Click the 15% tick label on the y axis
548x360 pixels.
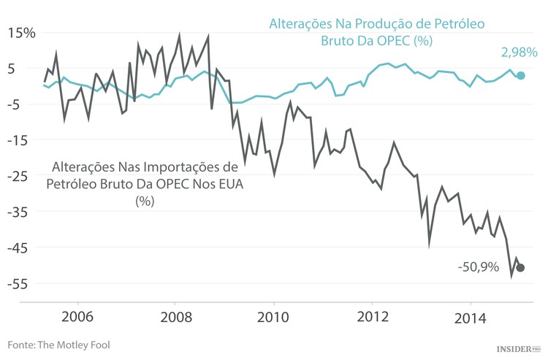21,33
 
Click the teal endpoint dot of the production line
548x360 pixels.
520,75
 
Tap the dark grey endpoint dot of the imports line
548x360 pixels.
520,268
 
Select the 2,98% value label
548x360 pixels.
519,53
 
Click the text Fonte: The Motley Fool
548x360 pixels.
58,344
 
